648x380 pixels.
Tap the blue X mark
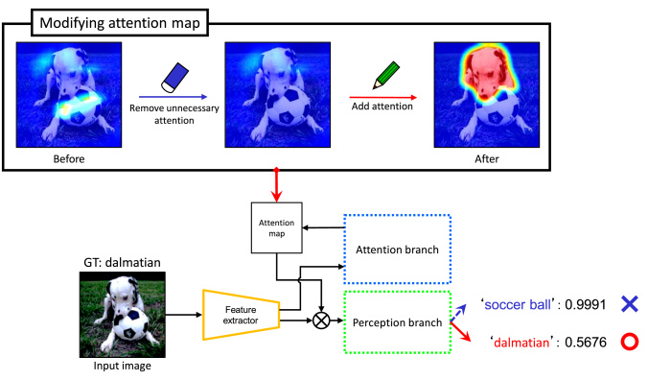coord(628,303)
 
